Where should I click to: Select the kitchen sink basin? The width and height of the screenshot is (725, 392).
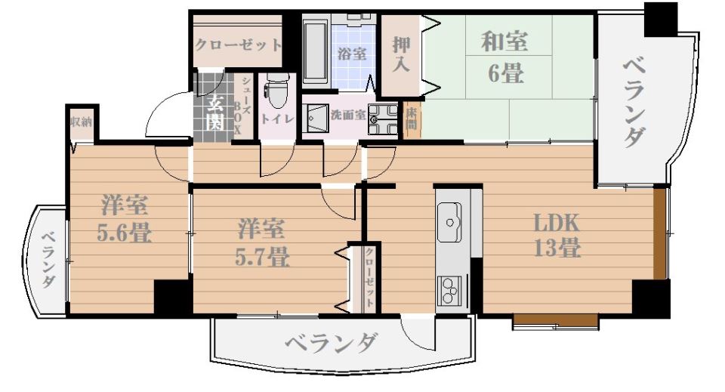coord(451,223)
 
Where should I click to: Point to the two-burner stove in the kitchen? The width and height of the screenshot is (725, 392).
coord(449,289)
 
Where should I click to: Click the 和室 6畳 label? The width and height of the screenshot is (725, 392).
coord(505,57)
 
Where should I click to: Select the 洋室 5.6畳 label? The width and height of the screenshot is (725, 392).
coord(125,219)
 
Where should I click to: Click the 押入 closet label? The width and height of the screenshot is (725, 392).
coord(400,53)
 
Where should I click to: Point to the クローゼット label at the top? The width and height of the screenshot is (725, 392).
coord(238,45)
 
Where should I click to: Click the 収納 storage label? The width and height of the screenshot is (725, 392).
coord(81,122)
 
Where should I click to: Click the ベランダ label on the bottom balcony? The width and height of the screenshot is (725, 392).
coord(331,344)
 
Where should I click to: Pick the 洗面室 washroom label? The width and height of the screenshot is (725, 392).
coord(348,115)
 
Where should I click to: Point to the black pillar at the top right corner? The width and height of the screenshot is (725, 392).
coord(660,19)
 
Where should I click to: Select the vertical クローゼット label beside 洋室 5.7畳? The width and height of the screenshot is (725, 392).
coord(369,276)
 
